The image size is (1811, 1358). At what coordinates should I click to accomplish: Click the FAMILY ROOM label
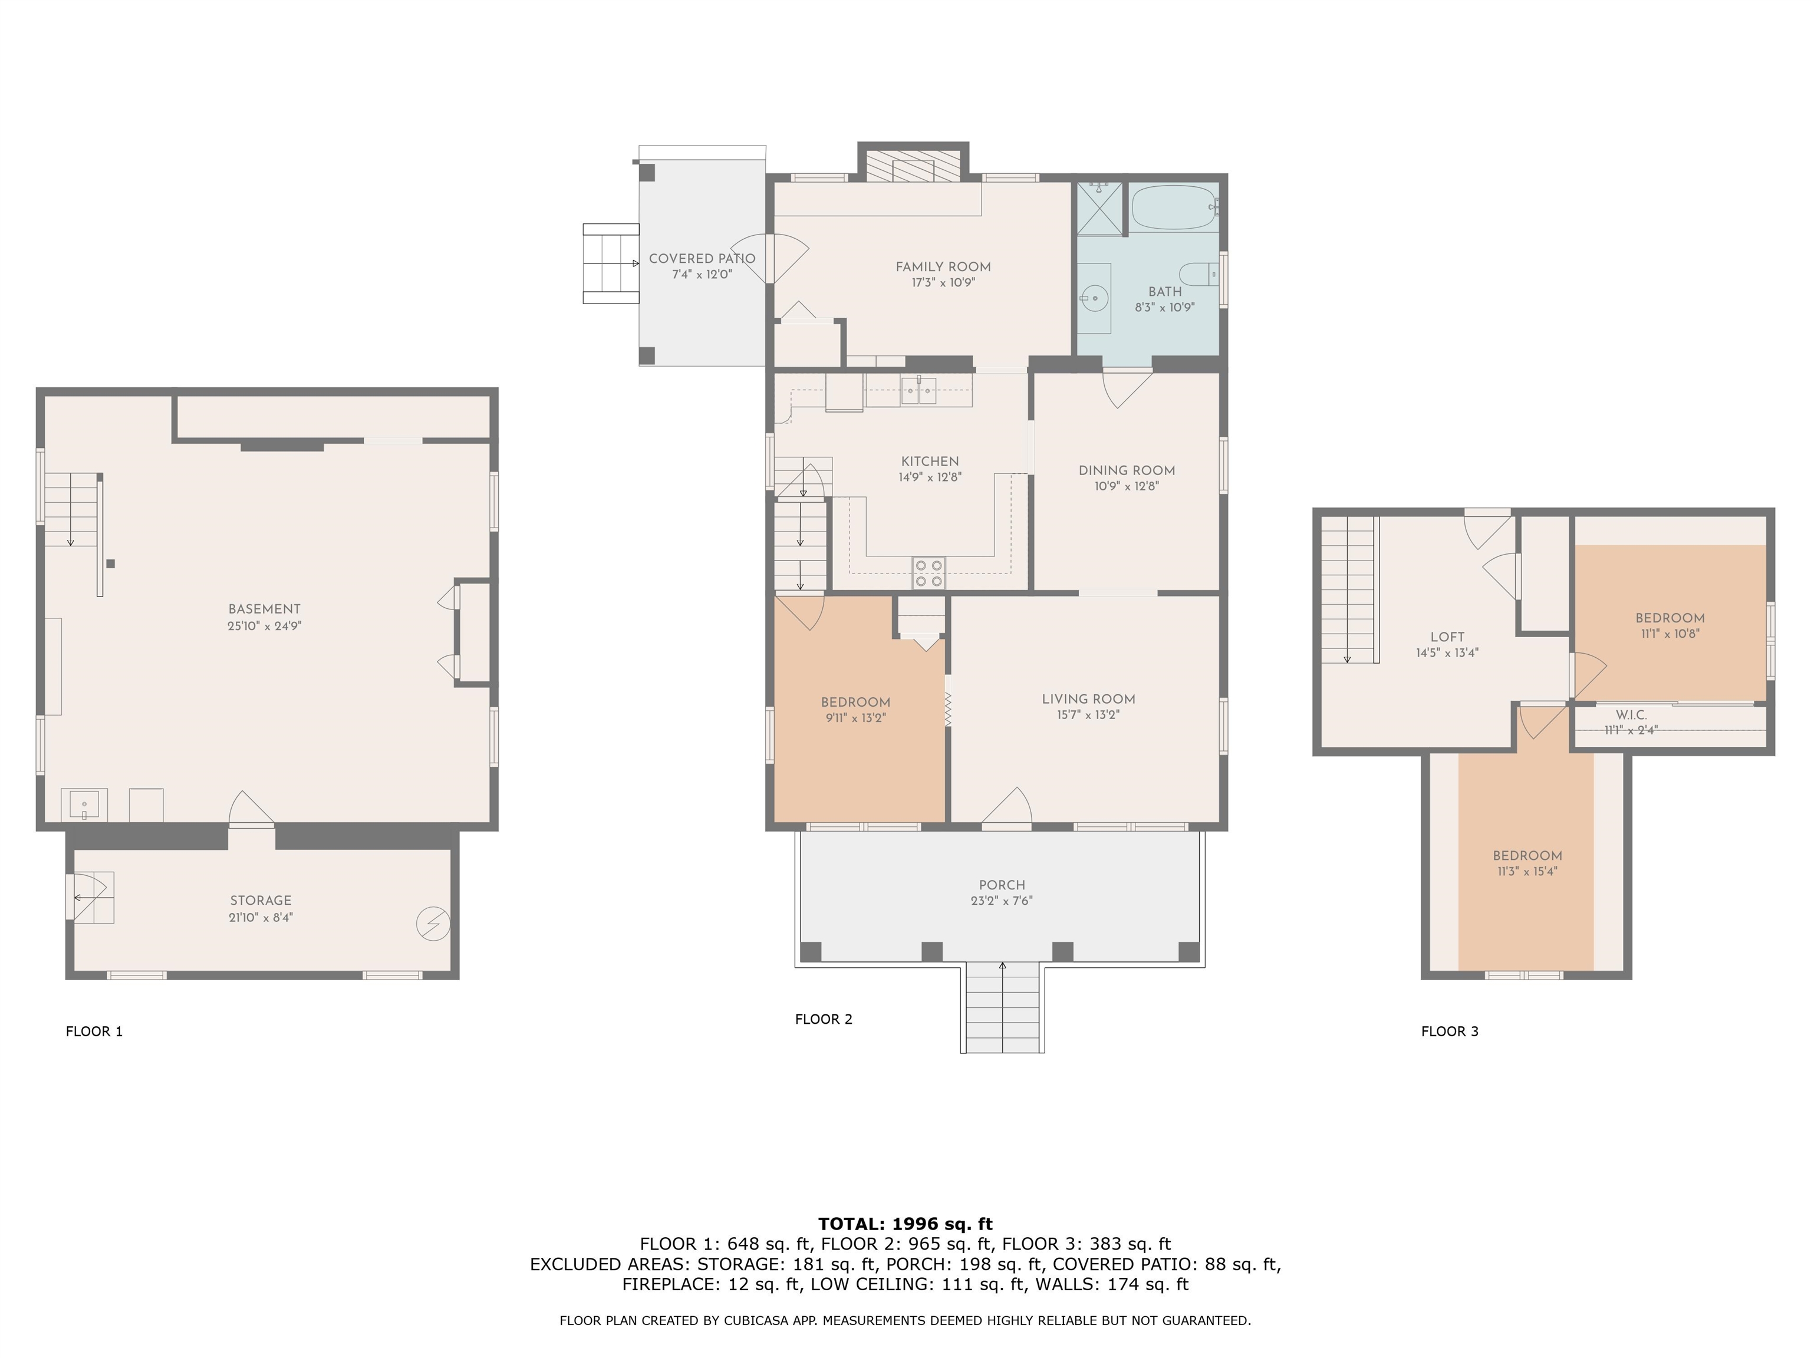click(x=943, y=267)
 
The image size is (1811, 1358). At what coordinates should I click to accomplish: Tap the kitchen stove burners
click(x=928, y=572)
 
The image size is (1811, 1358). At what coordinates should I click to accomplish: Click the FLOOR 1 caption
click(x=94, y=1031)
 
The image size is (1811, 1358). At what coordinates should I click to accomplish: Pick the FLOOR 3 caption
click(x=1450, y=1031)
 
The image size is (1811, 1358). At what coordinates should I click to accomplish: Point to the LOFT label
click(x=1447, y=637)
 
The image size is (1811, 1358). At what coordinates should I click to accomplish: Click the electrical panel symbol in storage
click(x=433, y=924)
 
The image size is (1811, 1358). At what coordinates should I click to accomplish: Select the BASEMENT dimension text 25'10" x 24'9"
click(x=265, y=626)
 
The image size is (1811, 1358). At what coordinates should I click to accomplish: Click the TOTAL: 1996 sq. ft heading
click(x=905, y=1224)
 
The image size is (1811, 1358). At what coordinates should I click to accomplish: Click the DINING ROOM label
click(x=1127, y=471)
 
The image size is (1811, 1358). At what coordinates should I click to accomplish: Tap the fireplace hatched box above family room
click(x=913, y=166)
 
